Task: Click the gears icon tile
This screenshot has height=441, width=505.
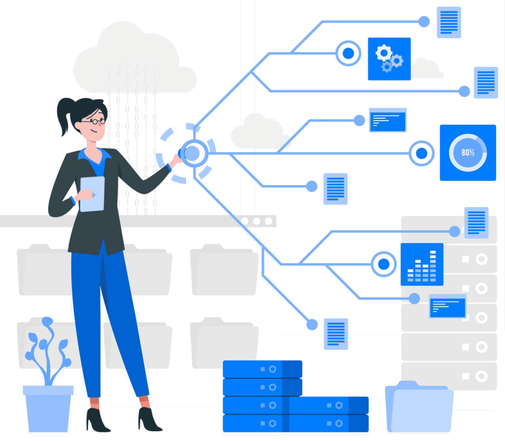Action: point(389,59)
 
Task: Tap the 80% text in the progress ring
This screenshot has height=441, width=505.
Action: point(468,153)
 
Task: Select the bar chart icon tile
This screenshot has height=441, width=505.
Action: point(422,264)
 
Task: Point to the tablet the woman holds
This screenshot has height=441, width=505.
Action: point(92,194)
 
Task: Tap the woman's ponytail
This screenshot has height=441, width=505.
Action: point(65,116)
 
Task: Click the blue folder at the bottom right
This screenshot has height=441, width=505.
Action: point(419,407)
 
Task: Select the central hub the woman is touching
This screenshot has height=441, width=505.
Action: point(191,153)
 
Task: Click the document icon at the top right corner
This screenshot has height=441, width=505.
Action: point(449,22)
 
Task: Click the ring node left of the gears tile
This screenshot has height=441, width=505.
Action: point(349,53)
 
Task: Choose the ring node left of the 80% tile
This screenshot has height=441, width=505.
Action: point(421,153)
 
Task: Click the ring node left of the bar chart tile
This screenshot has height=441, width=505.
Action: point(383,264)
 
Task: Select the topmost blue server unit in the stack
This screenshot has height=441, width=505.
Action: point(262,369)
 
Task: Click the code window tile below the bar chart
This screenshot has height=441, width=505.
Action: point(447,306)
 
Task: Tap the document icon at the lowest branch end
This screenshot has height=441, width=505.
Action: point(336,334)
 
